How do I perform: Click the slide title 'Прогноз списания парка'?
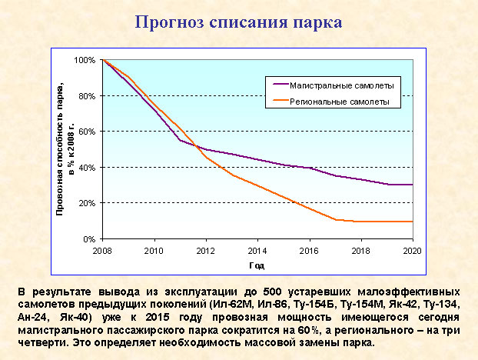click(x=238, y=21)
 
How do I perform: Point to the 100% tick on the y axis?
click(x=85, y=60)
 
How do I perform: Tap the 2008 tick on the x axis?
click(x=102, y=251)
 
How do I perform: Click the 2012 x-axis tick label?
click(x=205, y=251)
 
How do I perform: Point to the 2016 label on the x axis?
click(x=310, y=251)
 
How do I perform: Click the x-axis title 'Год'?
click(x=257, y=265)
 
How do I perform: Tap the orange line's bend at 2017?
click(x=336, y=220)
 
